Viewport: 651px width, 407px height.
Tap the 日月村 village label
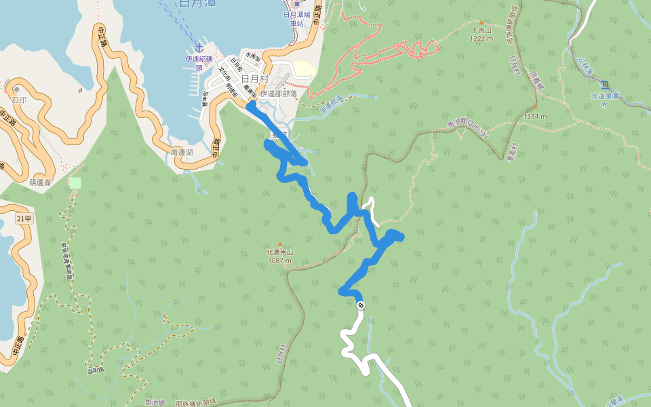[x=254, y=79]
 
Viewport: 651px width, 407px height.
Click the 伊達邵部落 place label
[x=279, y=94]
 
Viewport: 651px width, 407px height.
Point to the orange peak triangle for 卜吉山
[x=481, y=23]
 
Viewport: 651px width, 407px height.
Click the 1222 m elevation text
[x=481, y=39]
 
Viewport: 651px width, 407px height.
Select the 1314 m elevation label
[x=534, y=116]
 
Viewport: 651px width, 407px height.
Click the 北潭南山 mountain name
[x=279, y=252]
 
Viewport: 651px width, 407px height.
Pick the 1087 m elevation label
[x=279, y=260]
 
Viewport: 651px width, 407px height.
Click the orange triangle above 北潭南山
[x=279, y=244]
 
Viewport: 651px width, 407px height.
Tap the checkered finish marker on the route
[x=361, y=305]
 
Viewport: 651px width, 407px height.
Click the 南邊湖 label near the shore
[x=182, y=153]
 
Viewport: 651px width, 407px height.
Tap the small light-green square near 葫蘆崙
[x=75, y=183]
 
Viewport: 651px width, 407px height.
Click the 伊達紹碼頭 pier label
[x=199, y=62]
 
